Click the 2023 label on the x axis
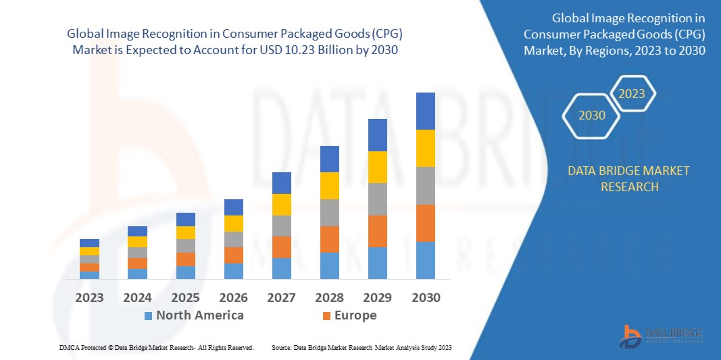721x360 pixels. click(x=89, y=297)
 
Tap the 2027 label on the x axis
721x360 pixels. click(x=281, y=297)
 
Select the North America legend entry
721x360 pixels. click(x=193, y=315)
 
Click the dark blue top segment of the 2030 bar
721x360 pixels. click(x=425, y=111)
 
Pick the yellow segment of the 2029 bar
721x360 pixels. click(x=377, y=167)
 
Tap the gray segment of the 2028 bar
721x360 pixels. click(x=329, y=212)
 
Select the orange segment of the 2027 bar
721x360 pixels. click(x=281, y=247)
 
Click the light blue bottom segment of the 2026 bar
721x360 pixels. click(x=233, y=271)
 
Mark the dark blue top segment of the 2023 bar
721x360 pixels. click(x=89, y=243)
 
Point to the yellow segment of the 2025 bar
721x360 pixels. click(x=185, y=232)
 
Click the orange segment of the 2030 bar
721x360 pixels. click(x=425, y=223)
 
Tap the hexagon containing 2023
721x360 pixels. click(x=632, y=94)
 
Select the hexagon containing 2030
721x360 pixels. click(x=591, y=115)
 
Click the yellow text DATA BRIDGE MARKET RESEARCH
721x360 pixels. click(x=629, y=178)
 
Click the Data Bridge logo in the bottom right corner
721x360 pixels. click(x=662, y=335)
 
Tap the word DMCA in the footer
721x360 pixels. click(x=69, y=347)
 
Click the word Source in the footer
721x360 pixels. click(x=281, y=347)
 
